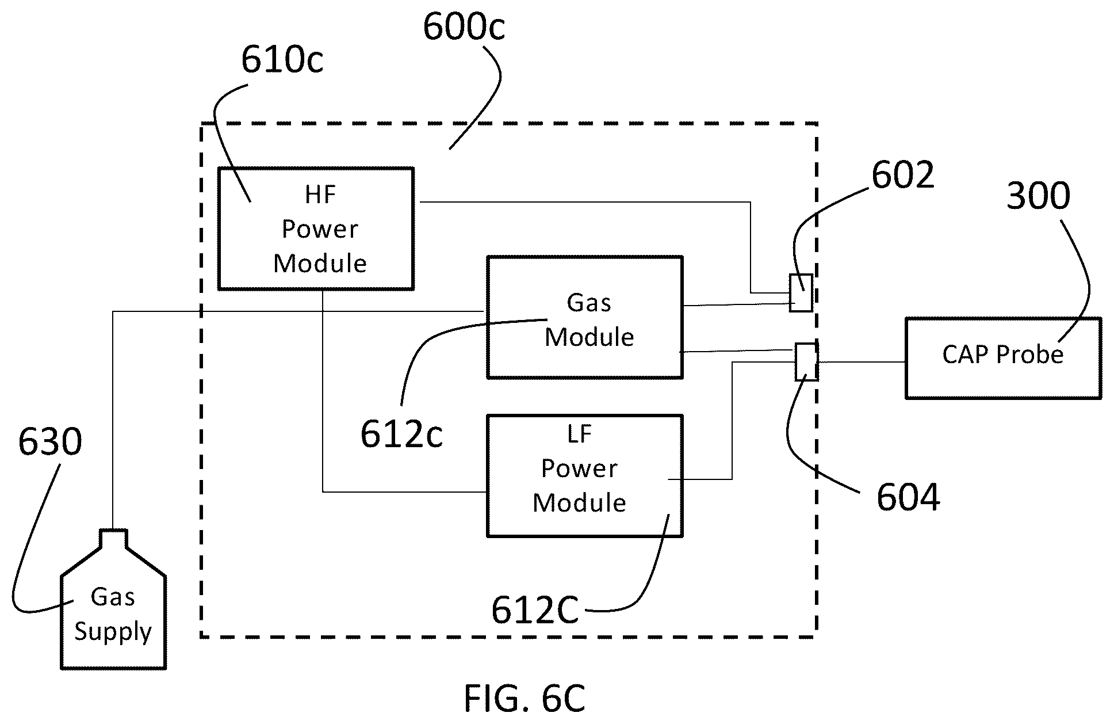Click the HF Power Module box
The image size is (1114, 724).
pyautogui.click(x=316, y=228)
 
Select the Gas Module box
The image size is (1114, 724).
pyautogui.click(x=585, y=317)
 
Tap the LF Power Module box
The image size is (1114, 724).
pyautogui.click(x=585, y=475)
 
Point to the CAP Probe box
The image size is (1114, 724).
pyautogui.click(x=1004, y=357)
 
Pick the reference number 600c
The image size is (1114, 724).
pyautogui.click(x=464, y=27)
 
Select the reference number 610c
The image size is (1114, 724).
pyautogui.click(x=282, y=60)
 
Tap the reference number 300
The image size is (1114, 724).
pyautogui.click(x=1038, y=196)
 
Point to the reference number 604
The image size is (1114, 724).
pyautogui.click(x=908, y=497)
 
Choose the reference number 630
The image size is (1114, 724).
pyautogui.click(x=50, y=442)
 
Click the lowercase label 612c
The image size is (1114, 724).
pyautogui.click(x=401, y=434)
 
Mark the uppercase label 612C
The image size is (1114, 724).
pyautogui.click(x=535, y=610)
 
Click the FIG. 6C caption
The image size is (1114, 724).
pyautogui.click(x=525, y=698)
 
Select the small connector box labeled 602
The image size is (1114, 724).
pyautogui.click(x=801, y=293)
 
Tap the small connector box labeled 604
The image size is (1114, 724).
pyautogui.click(x=806, y=362)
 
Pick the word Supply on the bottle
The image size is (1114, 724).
pyautogui.click(x=113, y=632)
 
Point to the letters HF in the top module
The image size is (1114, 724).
pyautogui.click(x=320, y=195)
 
